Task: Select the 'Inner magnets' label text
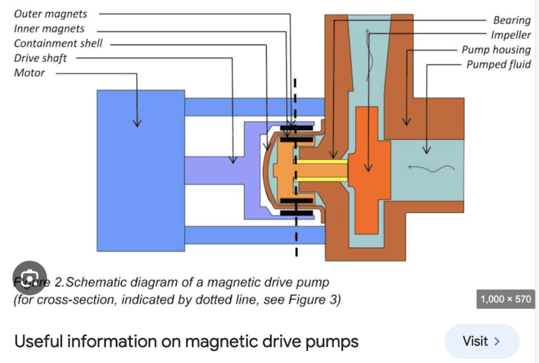click(49, 28)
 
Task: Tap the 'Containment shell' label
click(58, 43)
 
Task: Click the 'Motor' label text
click(30, 73)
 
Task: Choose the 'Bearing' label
click(511, 21)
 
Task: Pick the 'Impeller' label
click(510, 35)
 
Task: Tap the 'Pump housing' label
click(496, 50)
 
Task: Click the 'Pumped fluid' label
click(499, 65)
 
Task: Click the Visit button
click(481, 341)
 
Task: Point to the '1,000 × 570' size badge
click(505, 299)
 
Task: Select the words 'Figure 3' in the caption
click(316, 299)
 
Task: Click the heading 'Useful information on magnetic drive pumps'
click(186, 341)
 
